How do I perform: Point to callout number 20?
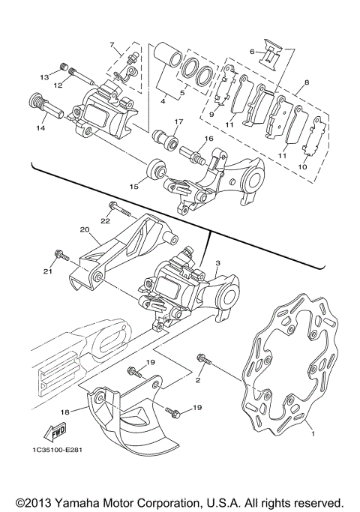click(84, 230)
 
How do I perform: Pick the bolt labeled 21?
click(64, 257)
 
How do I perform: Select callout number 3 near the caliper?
click(217, 264)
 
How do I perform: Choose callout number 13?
click(44, 77)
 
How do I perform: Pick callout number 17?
click(178, 121)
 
